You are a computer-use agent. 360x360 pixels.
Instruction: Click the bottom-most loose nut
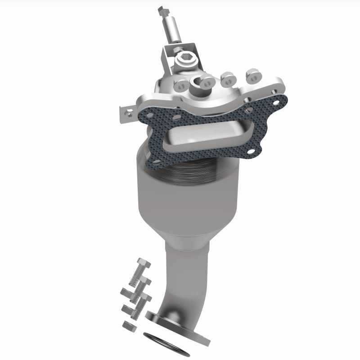129,324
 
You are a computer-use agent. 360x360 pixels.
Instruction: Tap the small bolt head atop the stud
163,9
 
